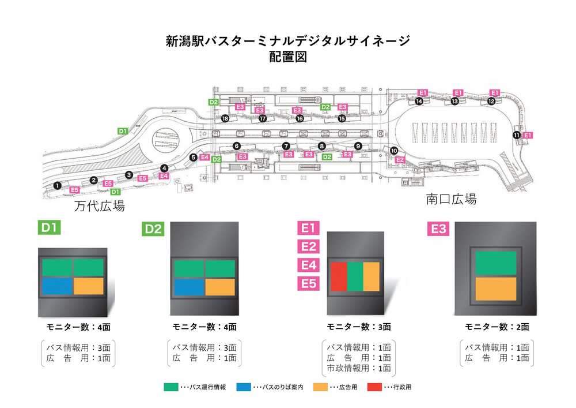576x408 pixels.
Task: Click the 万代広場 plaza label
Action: [99, 207]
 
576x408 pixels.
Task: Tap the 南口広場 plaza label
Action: [451, 200]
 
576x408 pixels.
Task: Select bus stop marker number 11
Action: [516, 135]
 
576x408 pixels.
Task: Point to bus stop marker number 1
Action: [57, 185]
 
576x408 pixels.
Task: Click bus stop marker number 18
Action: [225, 118]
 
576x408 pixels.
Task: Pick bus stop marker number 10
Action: [394, 151]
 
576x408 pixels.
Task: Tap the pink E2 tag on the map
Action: [400, 159]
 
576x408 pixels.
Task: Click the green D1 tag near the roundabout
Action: [122, 132]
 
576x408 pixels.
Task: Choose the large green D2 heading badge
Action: [154, 229]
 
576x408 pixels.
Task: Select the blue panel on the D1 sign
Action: [57, 286]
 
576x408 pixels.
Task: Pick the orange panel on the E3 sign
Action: [495, 289]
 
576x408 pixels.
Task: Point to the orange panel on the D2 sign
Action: [220, 287]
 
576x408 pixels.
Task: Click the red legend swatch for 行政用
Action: [374, 387]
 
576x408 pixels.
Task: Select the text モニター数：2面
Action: [497, 327]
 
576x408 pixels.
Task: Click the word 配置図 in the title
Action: [287, 57]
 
